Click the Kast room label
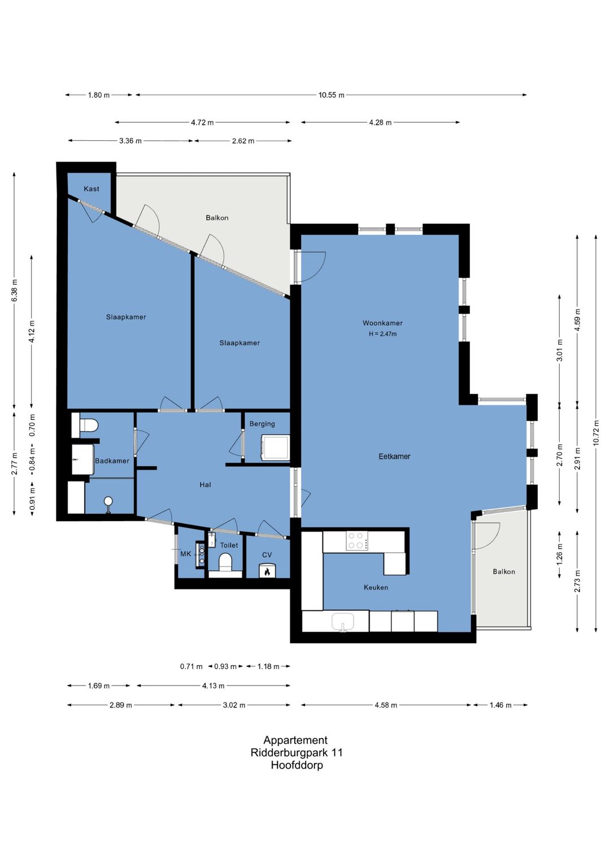coord(91,189)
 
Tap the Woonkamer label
coord(382,323)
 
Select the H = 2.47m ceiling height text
coord(382,334)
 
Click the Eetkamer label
coord(394,456)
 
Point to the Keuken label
coord(376,587)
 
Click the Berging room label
coord(262,424)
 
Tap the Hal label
coord(205,485)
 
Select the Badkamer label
coord(112,461)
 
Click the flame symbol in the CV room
coord(267,572)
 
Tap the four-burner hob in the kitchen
coord(356,540)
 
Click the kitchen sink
coord(343,622)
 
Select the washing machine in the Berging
coord(276,447)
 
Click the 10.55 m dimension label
coord(331,95)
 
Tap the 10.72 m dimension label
coord(596,432)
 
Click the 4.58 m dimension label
coord(386,705)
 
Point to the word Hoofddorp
coord(297,765)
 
